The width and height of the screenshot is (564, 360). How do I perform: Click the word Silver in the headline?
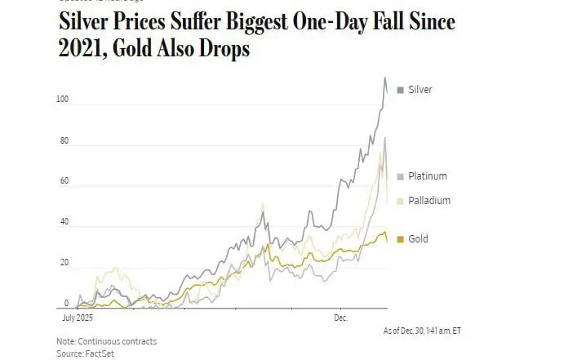[x=89, y=21]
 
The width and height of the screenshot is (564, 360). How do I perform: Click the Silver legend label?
[x=420, y=90]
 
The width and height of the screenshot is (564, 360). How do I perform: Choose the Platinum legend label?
[x=428, y=176]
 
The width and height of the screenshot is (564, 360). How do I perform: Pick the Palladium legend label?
[x=429, y=201]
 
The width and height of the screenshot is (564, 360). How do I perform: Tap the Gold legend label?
[x=418, y=239]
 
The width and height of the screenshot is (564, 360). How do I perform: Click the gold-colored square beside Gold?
[x=400, y=239]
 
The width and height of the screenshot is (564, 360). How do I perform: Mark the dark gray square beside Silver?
[x=400, y=90]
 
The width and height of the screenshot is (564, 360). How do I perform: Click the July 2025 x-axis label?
[x=80, y=315]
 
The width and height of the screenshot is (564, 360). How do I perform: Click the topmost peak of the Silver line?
[x=385, y=78]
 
